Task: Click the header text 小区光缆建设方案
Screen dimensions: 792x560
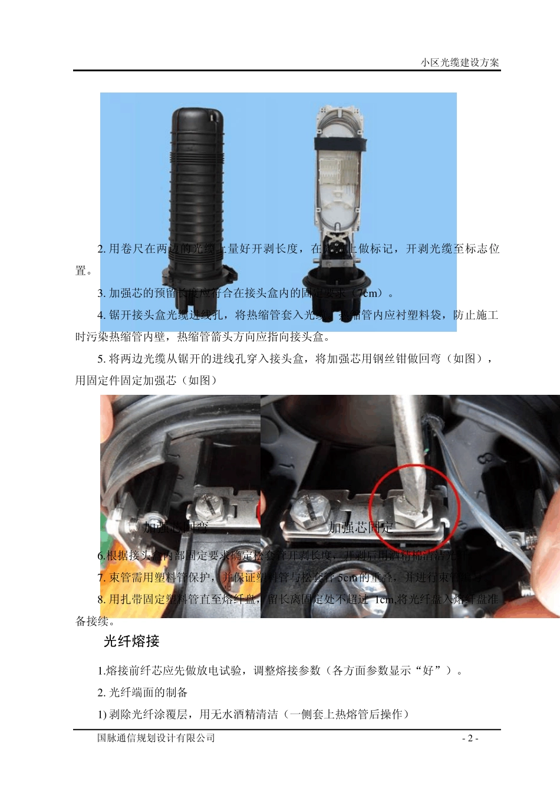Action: click(x=460, y=62)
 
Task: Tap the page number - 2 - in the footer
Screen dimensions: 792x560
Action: click(x=470, y=738)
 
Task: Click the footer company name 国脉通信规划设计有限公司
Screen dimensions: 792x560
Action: click(x=156, y=738)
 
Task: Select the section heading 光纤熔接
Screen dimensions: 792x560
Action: click(x=131, y=641)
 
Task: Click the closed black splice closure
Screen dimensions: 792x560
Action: click(x=197, y=194)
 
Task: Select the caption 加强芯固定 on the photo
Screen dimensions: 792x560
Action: click(x=360, y=527)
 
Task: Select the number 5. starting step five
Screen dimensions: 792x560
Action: click(x=101, y=358)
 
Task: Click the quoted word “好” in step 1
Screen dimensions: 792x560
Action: click(x=429, y=671)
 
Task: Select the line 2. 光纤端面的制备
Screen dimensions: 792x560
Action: click(x=143, y=692)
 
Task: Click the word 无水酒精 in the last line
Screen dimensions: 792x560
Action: click(x=255, y=714)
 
